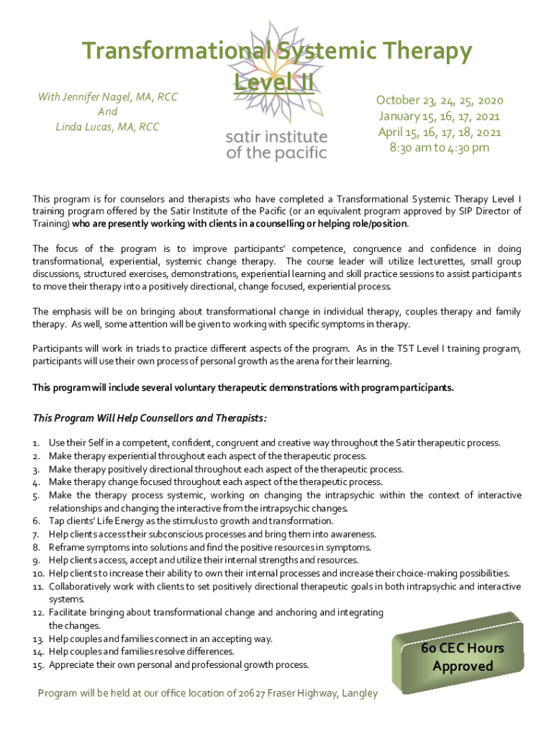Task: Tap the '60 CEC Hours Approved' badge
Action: (x=463, y=656)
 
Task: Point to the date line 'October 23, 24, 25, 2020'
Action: (x=440, y=100)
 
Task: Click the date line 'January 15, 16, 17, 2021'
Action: (x=440, y=116)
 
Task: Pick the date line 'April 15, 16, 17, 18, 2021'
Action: (x=440, y=132)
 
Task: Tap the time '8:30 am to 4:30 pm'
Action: (x=440, y=148)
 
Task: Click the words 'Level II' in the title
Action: (x=274, y=82)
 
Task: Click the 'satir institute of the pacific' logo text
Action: (x=276, y=145)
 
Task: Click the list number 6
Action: (x=36, y=521)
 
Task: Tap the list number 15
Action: (x=38, y=664)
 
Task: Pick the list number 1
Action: (x=36, y=443)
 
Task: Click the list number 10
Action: (x=38, y=573)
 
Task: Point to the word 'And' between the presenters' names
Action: (x=107, y=112)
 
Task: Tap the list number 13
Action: (x=38, y=638)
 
